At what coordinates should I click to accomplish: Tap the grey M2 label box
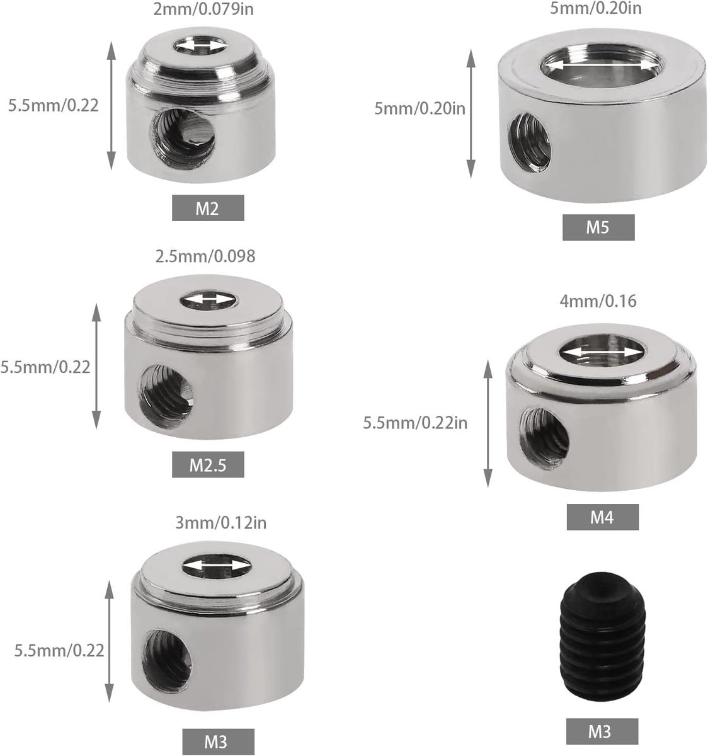[x=208, y=208]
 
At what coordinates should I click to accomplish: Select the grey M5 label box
[x=598, y=227]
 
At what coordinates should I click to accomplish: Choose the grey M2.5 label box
[x=208, y=464]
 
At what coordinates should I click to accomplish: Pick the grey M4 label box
[x=603, y=517]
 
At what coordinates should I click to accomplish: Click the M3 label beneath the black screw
[x=602, y=731]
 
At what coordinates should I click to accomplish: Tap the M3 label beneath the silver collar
[x=218, y=742]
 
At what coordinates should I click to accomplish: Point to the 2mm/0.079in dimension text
[x=203, y=9]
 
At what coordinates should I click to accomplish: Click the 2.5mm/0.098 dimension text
[x=205, y=256]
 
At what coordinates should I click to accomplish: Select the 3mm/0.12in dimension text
[x=220, y=523]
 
